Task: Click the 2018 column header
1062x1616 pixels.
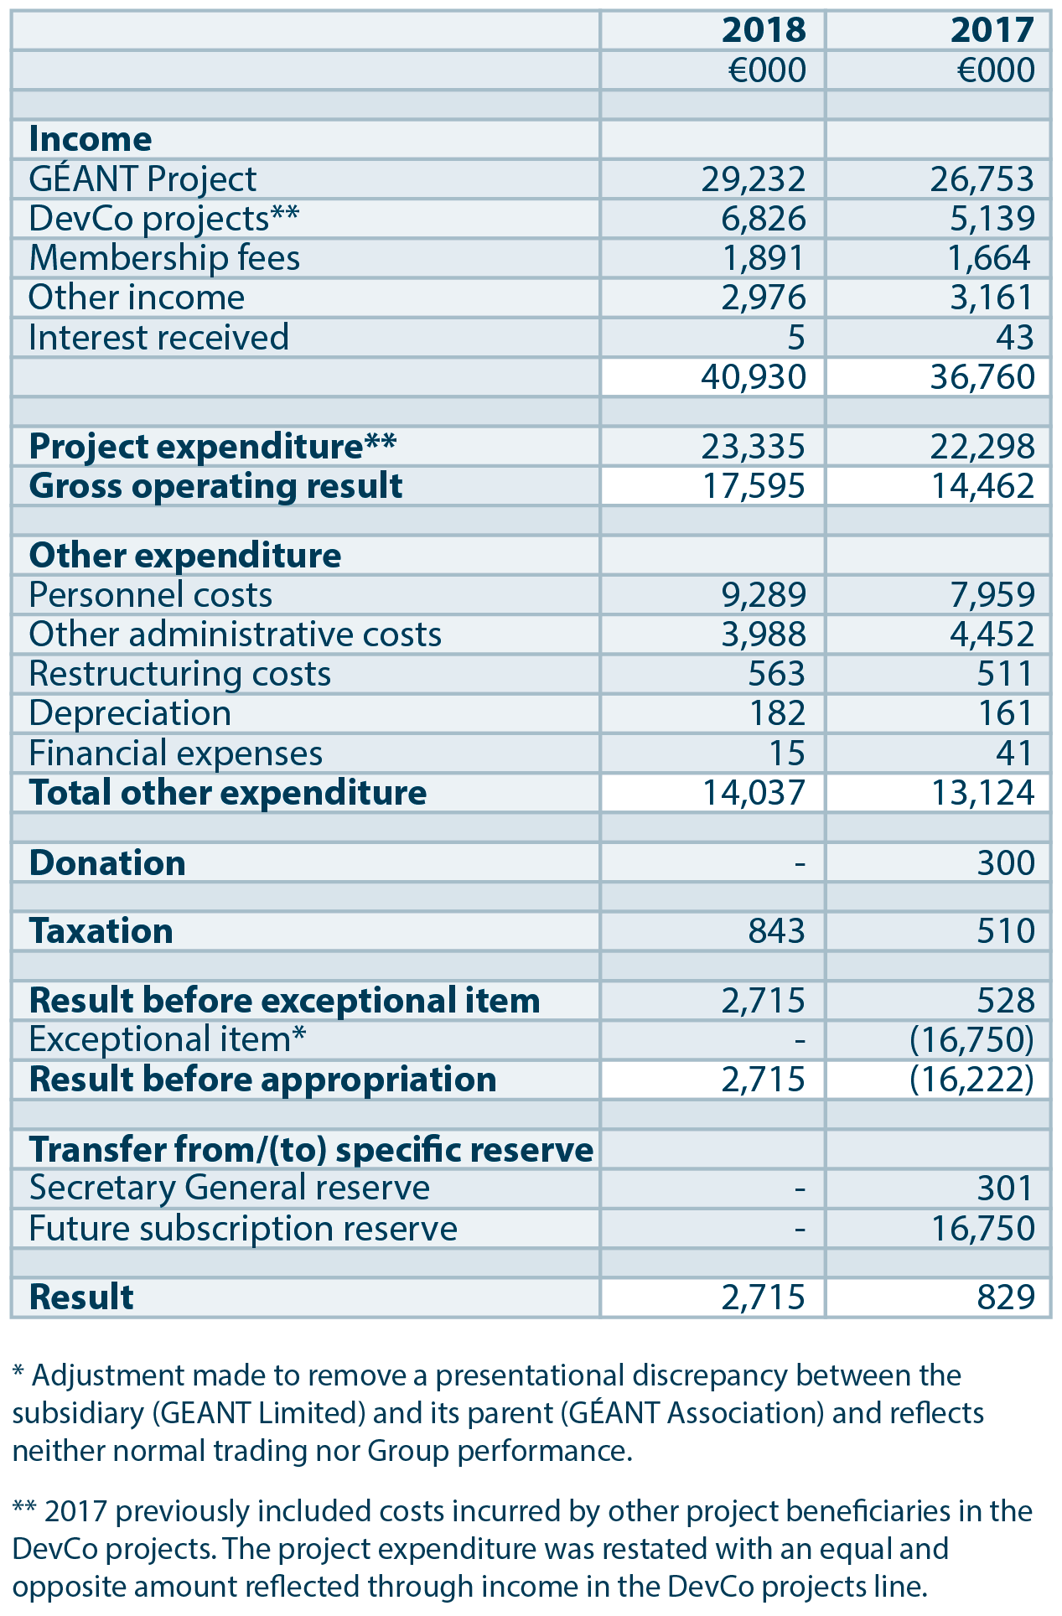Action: [x=763, y=30]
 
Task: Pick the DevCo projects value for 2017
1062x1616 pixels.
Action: [x=982, y=219]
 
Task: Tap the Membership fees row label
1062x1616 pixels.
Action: [x=164, y=258]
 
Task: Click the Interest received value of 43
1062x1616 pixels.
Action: [x=1015, y=337]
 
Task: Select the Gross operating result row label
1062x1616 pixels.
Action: [x=215, y=486]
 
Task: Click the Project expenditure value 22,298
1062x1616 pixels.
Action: [x=982, y=447]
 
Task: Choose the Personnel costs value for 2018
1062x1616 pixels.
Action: [x=763, y=595]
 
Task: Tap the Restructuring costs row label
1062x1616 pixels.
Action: [x=179, y=674]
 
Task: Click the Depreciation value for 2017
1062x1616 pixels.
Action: [x=1005, y=713]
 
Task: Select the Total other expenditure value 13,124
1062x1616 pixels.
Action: [x=982, y=793]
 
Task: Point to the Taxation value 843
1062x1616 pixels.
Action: [x=775, y=931]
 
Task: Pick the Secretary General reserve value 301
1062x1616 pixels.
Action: [x=1005, y=1188]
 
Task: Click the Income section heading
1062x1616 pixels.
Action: [x=91, y=139]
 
